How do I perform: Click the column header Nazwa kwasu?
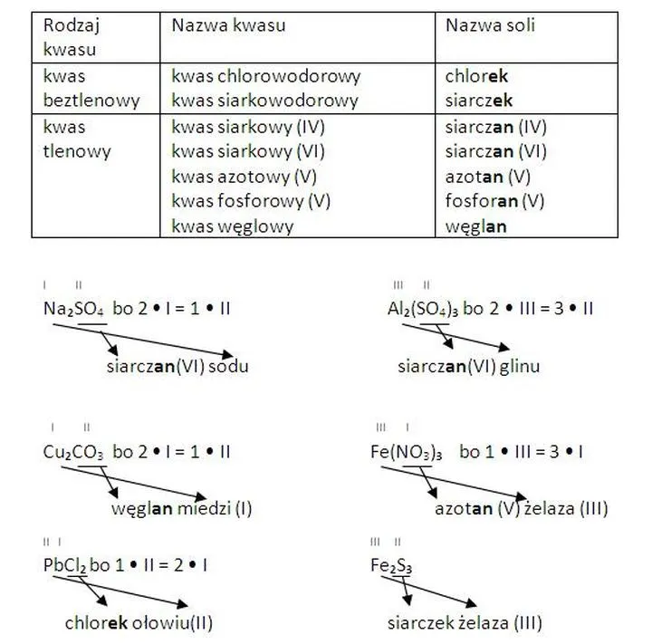tap(228, 26)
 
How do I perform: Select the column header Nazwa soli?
tap(490, 26)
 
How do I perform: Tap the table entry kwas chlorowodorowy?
tap(265, 77)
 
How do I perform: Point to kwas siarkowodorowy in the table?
tap(264, 101)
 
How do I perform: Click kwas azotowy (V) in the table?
tap(244, 177)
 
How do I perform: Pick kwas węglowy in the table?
tap(233, 226)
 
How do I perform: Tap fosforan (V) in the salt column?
tap(494, 201)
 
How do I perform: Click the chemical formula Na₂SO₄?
tap(74, 309)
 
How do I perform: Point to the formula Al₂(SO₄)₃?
tap(423, 309)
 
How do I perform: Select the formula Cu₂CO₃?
tap(73, 450)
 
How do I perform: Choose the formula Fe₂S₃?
tap(391, 565)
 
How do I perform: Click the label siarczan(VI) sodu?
tap(177, 367)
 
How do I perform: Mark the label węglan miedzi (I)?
tap(182, 509)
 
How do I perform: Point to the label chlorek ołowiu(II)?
tap(139, 623)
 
